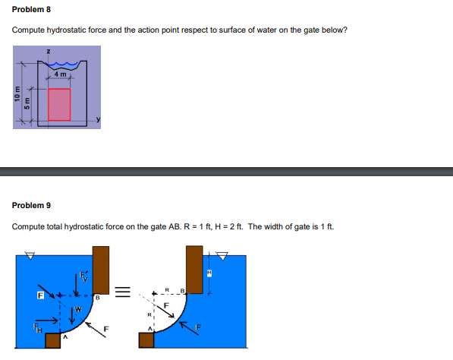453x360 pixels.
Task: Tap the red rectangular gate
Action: pos(59,104)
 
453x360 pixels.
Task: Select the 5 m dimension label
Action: pos(28,101)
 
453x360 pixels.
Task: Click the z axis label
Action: pos(48,52)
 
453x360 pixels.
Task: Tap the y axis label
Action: pos(98,121)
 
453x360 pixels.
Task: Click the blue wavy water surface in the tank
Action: pos(64,65)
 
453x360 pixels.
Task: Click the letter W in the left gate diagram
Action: pos(78,308)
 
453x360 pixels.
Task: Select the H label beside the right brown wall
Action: pos(209,273)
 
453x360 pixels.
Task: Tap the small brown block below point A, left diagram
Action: pos(52,339)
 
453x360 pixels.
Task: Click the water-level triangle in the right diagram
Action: pos(222,254)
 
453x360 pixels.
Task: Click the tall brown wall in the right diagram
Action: pos(194,270)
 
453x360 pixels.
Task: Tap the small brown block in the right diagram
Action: pos(146,339)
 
